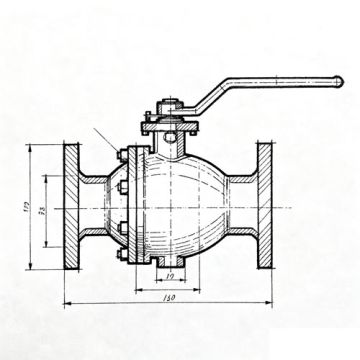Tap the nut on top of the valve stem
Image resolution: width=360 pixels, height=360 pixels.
click(x=169, y=105)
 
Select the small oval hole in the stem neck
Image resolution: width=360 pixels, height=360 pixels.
click(x=170, y=137)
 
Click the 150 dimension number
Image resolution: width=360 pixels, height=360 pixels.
click(x=168, y=298)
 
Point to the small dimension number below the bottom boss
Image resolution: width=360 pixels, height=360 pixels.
click(x=170, y=278)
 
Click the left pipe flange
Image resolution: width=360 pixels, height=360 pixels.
click(x=72, y=207)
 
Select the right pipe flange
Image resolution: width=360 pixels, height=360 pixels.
click(x=265, y=207)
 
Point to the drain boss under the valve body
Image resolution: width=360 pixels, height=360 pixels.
click(x=170, y=262)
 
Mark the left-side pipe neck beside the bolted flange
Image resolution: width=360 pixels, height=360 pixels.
click(x=97, y=207)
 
